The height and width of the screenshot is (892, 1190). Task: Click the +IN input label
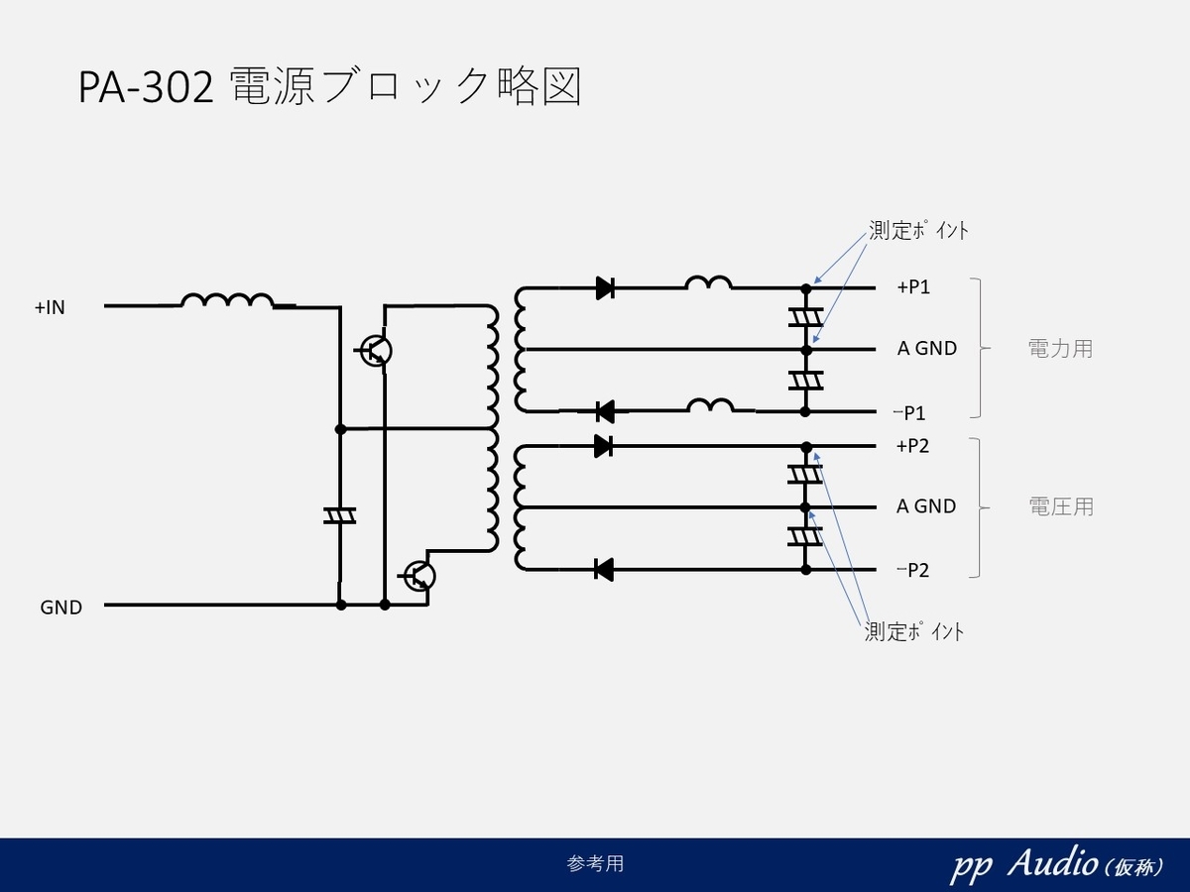(x=50, y=307)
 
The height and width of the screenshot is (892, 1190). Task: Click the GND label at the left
(x=60, y=608)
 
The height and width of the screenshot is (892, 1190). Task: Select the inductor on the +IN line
(x=227, y=299)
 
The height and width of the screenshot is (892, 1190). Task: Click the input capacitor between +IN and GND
(x=340, y=515)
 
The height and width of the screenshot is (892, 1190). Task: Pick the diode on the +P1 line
(x=605, y=288)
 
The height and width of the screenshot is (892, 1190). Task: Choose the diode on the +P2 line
(x=603, y=447)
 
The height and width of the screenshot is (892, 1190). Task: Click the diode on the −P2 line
(x=602, y=570)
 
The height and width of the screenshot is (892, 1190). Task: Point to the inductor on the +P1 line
(x=708, y=283)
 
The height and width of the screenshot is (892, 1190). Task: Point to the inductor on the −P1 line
(x=710, y=405)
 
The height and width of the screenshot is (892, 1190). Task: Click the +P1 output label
(x=912, y=287)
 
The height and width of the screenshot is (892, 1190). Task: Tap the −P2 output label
(x=912, y=570)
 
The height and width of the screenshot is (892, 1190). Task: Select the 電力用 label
(x=1060, y=349)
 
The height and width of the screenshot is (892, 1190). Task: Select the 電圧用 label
(x=1060, y=506)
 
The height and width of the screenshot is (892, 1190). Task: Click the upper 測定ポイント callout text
(x=917, y=231)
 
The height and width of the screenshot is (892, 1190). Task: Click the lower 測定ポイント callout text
(x=913, y=631)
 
